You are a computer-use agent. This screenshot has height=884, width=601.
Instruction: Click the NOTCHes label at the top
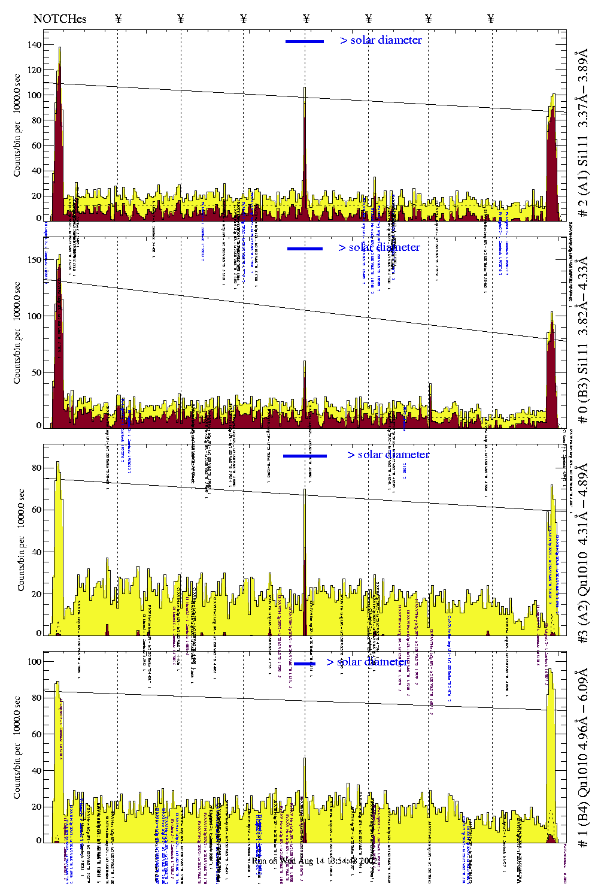pyautogui.click(x=60, y=19)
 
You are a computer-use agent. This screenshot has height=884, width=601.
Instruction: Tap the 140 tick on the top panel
pyautogui.click(x=34, y=45)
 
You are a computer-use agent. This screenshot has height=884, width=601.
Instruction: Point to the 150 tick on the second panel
pyautogui.click(x=34, y=260)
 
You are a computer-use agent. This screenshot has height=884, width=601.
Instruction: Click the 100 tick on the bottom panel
pyautogui.click(x=34, y=662)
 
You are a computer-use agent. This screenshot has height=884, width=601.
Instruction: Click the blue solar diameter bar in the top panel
pyautogui.click(x=304, y=41)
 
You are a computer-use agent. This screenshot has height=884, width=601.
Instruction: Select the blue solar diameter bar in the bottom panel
pyautogui.click(x=305, y=664)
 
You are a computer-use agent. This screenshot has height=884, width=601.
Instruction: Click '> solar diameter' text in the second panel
pyautogui.click(x=379, y=247)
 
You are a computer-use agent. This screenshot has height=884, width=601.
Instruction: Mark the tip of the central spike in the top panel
pyautogui.click(x=305, y=88)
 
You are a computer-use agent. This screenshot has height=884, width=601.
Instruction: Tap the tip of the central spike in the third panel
pyautogui.click(x=305, y=490)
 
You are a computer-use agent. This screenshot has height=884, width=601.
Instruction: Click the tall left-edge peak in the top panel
pyautogui.click(x=59, y=48)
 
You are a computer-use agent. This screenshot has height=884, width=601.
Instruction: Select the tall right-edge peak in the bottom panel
pyautogui.click(x=551, y=673)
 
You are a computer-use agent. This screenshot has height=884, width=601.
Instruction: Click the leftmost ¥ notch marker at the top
pyautogui.click(x=118, y=19)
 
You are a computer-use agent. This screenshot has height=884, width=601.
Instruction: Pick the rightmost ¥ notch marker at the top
pyautogui.click(x=491, y=19)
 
